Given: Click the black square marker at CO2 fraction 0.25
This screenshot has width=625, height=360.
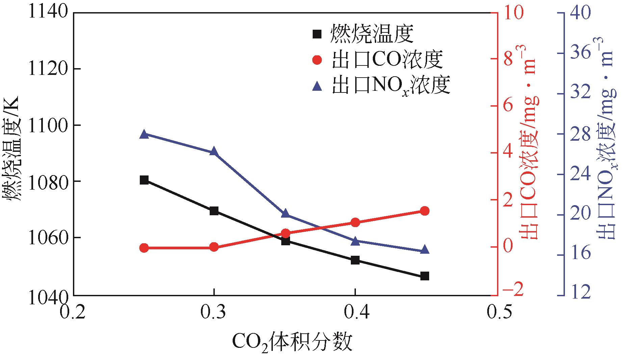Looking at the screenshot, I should click(144, 180).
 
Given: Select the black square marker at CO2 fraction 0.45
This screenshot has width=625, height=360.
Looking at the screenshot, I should click(425, 276).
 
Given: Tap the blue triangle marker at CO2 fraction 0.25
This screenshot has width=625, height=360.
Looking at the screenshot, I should click(144, 134).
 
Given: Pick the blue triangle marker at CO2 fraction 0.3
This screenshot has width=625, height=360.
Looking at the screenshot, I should click(213, 152).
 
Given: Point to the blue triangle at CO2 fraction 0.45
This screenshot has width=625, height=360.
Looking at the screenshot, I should click(425, 250).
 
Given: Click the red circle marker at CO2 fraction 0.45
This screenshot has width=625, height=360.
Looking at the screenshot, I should click(425, 211).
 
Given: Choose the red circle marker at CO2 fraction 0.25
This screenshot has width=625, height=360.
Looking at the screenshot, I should click(144, 248).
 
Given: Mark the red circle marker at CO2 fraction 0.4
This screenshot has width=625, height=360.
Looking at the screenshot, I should click(355, 222).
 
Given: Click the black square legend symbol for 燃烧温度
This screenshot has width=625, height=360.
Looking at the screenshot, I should click(317, 34).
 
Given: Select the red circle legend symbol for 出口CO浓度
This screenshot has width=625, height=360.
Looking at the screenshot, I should click(317, 60).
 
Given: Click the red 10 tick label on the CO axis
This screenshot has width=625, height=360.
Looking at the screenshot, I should click(513, 13).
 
